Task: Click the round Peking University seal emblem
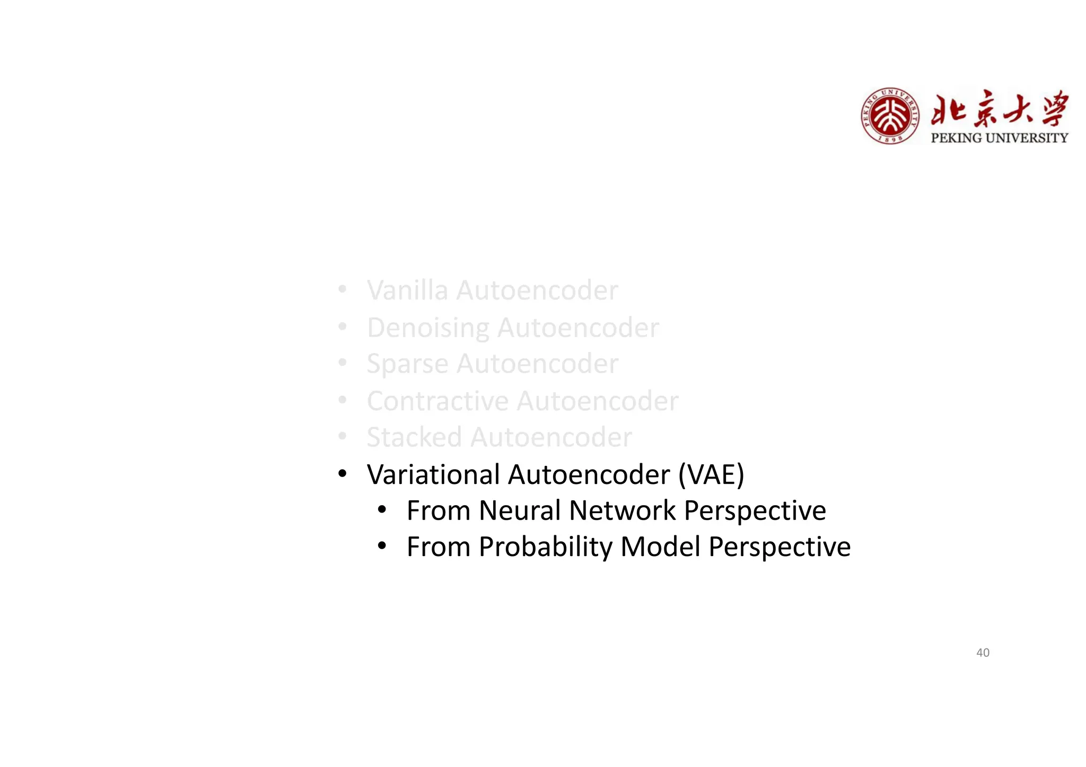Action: coord(890,116)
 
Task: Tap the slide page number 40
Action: coord(983,653)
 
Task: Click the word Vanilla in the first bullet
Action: coord(407,290)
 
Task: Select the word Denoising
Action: coord(428,328)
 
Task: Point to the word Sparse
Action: coord(407,364)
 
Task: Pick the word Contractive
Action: coord(437,401)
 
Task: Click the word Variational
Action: coord(433,474)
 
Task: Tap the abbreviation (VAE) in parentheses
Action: coord(711,474)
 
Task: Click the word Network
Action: coord(622,510)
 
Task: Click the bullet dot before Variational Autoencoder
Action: coord(343,473)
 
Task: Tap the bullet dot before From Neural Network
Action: coord(382,510)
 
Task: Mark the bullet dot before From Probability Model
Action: coord(382,546)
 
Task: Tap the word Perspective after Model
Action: coord(780,547)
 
